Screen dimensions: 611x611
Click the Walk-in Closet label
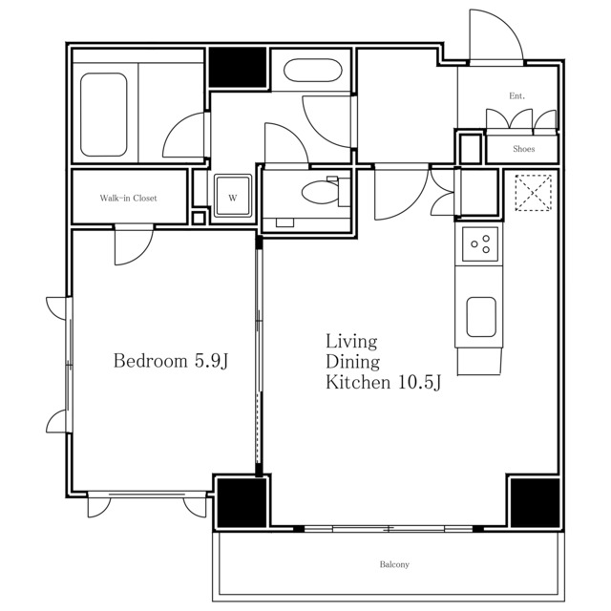click(x=128, y=198)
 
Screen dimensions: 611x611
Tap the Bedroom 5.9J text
click(x=171, y=361)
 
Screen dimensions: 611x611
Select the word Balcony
click(x=394, y=564)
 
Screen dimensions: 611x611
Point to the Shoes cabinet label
click(x=524, y=149)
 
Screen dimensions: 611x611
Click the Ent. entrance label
click(x=517, y=95)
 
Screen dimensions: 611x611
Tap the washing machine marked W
click(x=233, y=195)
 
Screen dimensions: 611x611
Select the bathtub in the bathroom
click(x=104, y=115)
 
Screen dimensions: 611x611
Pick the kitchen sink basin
click(x=481, y=317)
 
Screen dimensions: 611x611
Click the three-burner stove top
click(x=480, y=244)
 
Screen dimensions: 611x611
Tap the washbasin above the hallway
click(x=313, y=71)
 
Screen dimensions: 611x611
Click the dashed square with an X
click(x=533, y=193)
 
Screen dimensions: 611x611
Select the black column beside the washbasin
click(x=238, y=67)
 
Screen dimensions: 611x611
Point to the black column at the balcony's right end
click(x=535, y=502)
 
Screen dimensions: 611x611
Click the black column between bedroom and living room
click(x=242, y=502)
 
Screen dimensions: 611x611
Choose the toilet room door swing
click(x=286, y=143)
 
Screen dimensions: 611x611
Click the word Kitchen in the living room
click(x=358, y=382)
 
